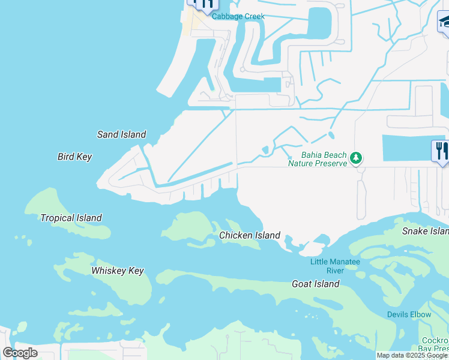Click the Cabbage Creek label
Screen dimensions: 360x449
(238, 16)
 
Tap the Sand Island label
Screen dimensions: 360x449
(121, 134)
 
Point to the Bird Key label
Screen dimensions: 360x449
(74, 157)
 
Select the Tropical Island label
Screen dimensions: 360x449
(71, 218)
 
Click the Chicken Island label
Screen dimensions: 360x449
(249, 235)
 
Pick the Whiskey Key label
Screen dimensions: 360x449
(118, 271)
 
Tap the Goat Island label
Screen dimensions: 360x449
(315, 284)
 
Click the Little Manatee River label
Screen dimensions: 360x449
(335, 266)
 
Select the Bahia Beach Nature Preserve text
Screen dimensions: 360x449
(318, 159)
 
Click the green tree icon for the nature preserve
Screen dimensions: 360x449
(357, 158)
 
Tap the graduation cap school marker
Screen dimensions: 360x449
(445, 22)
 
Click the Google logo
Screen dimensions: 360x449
(20, 353)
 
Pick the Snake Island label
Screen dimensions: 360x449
(425, 231)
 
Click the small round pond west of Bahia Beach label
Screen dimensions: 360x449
(265, 149)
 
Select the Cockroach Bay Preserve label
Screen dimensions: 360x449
(433, 344)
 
